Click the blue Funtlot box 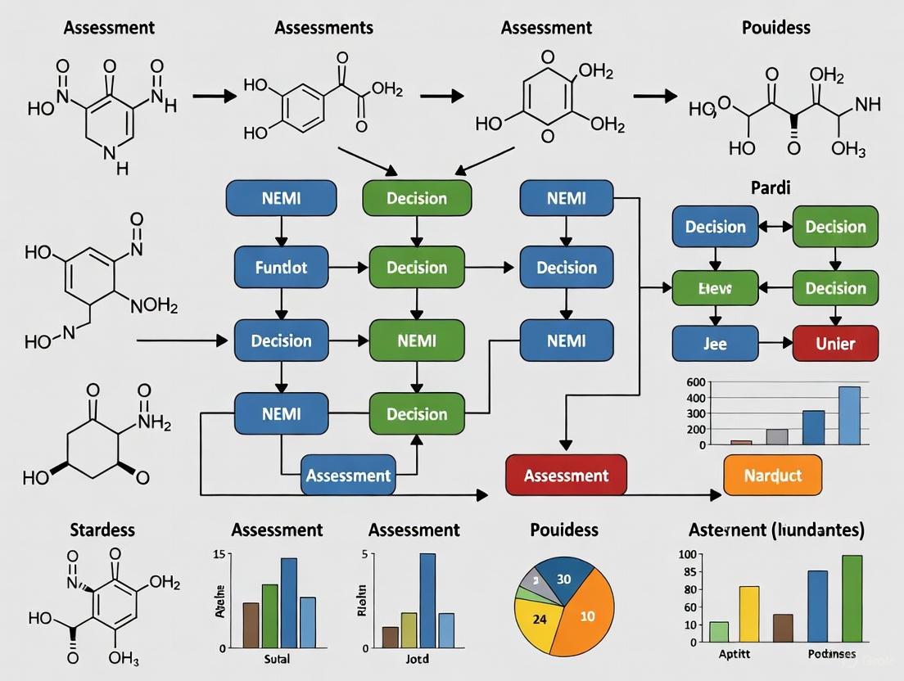282,268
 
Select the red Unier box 835,344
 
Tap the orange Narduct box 772,476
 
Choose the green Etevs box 715,288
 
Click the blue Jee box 715,344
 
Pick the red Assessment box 566,476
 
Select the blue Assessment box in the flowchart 348,476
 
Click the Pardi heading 771,187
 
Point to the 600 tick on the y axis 695,382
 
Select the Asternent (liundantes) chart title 775,530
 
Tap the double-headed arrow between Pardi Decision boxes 775,227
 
